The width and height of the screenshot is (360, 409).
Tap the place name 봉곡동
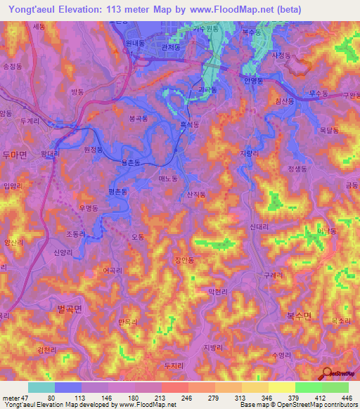(139, 120)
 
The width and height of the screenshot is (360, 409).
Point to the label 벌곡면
(70, 308)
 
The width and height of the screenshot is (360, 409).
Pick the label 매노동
(169, 180)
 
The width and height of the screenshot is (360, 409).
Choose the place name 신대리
(260, 226)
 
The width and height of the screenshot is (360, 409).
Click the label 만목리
(128, 322)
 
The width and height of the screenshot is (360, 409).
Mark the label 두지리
(173, 365)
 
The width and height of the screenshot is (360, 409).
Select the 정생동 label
(297, 169)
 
